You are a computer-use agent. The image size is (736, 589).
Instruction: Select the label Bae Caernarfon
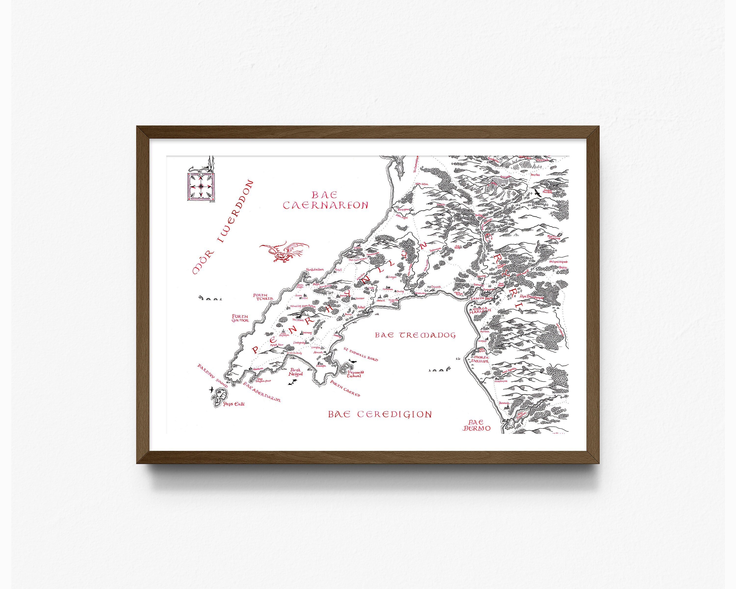pyautogui.click(x=325, y=200)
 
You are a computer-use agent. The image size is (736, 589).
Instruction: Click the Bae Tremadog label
pyautogui.click(x=415, y=335)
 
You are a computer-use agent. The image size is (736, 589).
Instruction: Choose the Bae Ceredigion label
pyautogui.click(x=380, y=415)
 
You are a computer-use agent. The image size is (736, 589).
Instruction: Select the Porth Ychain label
pyautogui.click(x=263, y=297)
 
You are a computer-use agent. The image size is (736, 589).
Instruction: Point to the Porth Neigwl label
pyautogui.click(x=295, y=372)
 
